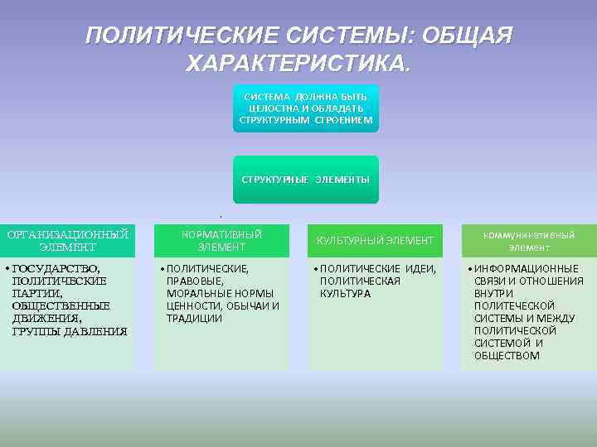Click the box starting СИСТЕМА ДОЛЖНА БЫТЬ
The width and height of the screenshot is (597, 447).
(305, 108)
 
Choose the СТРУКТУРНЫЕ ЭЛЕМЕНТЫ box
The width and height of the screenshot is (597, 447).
(305, 179)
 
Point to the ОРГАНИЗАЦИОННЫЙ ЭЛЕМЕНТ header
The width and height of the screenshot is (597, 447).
(67, 240)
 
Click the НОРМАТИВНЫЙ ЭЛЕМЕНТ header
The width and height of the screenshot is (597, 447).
(221, 240)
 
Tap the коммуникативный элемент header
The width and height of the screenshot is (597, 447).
(529, 240)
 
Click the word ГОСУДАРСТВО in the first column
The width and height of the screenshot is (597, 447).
(56, 269)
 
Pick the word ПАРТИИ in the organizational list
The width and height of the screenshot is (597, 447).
(38, 294)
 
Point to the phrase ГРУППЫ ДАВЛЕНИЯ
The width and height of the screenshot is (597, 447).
(70, 331)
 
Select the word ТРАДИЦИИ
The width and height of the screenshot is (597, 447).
(194, 318)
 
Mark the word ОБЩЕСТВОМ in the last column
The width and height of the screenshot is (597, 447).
(507, 356)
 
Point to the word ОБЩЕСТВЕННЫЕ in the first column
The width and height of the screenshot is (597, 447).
(61, 306)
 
